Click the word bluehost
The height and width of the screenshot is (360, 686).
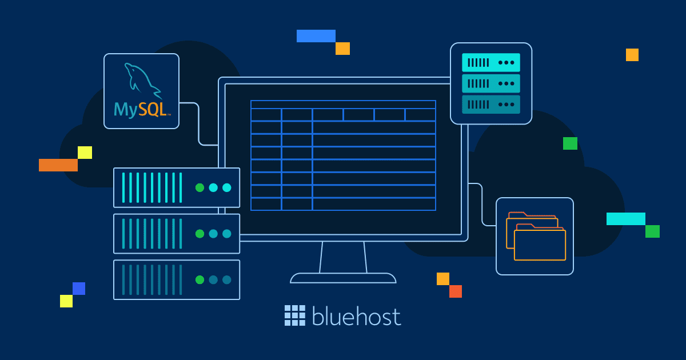pos(357,316)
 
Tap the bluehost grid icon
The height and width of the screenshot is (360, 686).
pos(295,315)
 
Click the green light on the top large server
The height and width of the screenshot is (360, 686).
pos(200,187)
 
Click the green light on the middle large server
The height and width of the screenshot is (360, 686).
pos(200,234)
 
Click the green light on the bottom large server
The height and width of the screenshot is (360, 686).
pos(200,280)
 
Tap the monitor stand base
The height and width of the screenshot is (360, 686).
pos(343,278)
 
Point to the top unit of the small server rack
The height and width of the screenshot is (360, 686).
pos(491,62)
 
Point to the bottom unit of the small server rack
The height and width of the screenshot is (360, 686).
pos(491,105)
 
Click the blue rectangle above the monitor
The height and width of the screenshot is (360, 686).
pos(316,36)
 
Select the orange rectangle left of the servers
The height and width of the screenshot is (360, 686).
pos(58,165)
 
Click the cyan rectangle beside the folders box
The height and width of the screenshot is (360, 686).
pos(626,219)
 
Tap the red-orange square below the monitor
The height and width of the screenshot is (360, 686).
pos(456,291)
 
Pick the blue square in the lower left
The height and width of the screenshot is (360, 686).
pos(79,289)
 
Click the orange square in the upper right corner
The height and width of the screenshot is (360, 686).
pos(632,55)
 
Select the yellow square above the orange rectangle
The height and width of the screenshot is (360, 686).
pos(85,153)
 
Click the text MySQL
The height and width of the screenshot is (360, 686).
pos(142,110)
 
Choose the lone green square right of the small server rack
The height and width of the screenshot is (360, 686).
pos(571,143)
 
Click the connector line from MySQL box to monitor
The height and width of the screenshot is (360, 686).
pos(199,123)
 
